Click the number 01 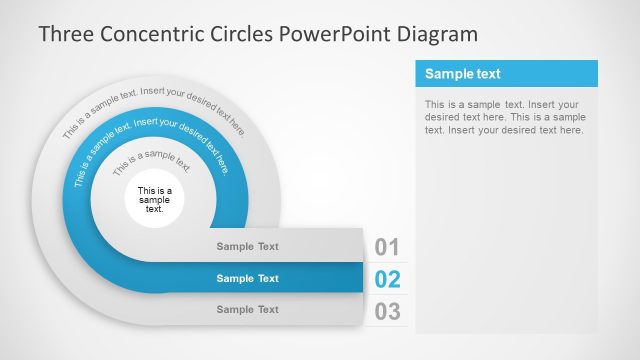pos(387,248)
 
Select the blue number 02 pos(387,280)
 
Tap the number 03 pos(387,311)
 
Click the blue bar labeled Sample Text pos(248,278)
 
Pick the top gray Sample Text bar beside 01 pos(248,246)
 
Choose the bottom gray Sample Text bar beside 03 pos(248,309)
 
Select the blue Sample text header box pos(506,74)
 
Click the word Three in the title pos(65,34)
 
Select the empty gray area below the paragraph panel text pos(506,240)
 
